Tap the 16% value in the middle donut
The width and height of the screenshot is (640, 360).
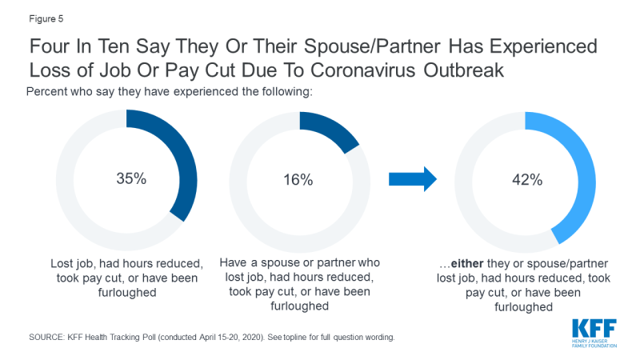tap(300, 179)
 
